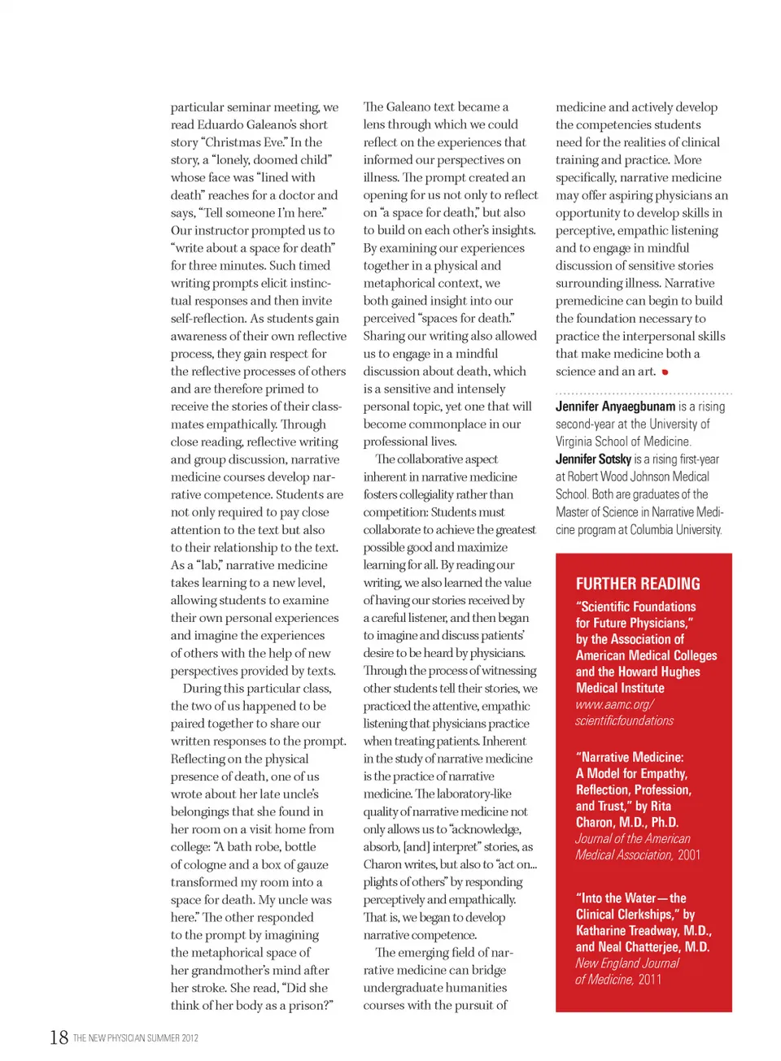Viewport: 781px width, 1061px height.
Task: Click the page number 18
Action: click(59, 1037)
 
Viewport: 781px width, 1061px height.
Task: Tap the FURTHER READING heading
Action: click(638, 584)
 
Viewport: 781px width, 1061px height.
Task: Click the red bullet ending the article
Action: click(665, 372)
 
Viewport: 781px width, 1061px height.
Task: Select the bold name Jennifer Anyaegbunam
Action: click(615, 407)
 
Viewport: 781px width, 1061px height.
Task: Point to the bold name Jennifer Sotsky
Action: click(593, 459)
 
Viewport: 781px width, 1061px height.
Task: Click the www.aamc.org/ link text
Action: click(614, 705)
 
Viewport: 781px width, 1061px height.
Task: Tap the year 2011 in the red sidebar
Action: click(650, 980)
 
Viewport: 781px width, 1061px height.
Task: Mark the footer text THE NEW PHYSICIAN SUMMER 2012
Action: click(135, 1038)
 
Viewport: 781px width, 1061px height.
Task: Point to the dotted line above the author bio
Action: click(643, 394)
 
